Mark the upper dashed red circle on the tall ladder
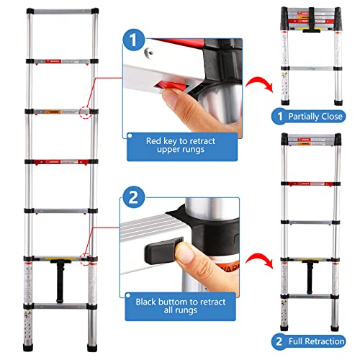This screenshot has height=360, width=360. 88,112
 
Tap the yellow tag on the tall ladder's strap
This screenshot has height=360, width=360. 62,261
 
